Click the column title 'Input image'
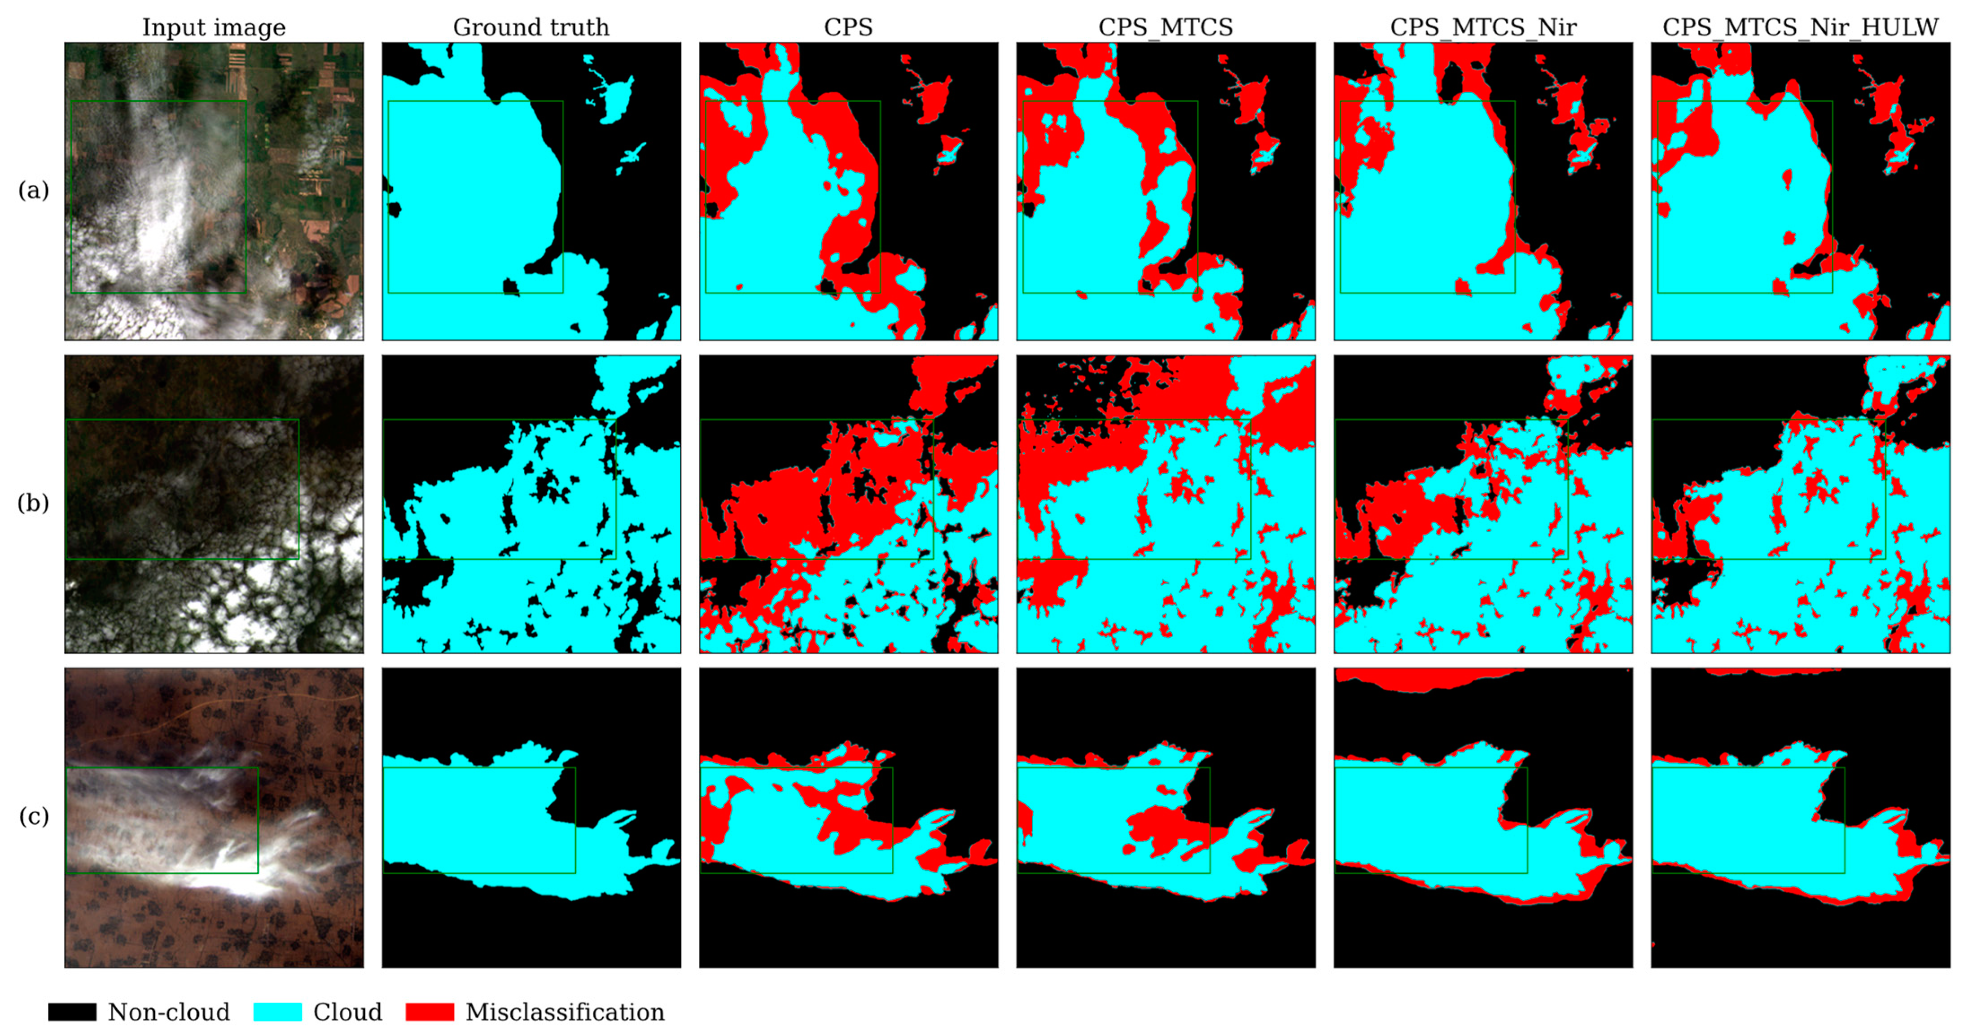tap(214, 27)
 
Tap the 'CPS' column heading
tap(848, 27)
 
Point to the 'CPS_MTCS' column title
tap(1165, 27)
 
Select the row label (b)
tap(34, 503)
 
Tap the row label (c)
tap(34, 817)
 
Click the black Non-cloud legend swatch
tap(72, 1012)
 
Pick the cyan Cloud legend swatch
tap(277, 1012)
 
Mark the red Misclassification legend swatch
tap(430, 1012)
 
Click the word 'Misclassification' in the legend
tap(565, 1012)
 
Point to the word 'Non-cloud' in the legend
tap(168, 1012)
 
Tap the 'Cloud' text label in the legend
tap(348, 1012)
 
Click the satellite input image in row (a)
tap(214, 191)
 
